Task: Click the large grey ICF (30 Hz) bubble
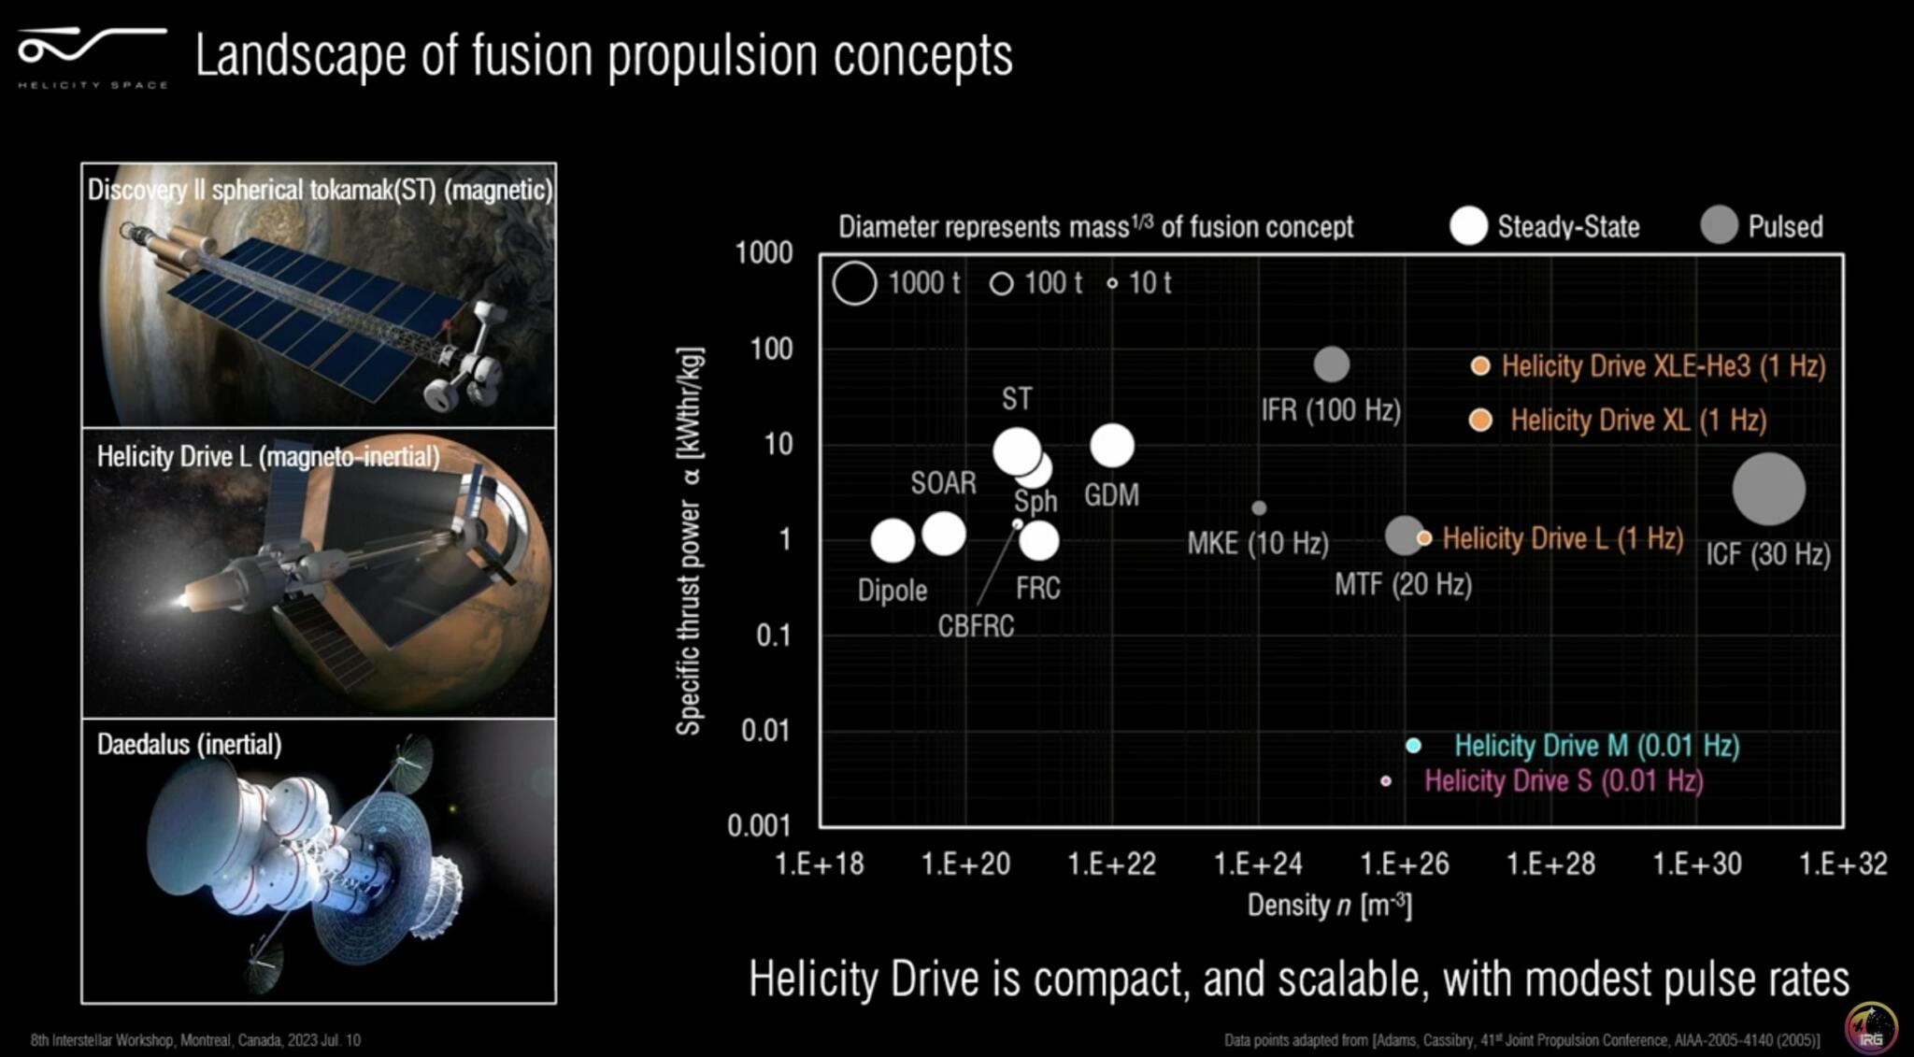(x=1768, y=489)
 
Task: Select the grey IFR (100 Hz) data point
(x=1332, y=364)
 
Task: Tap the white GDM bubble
(x=1112, y=445)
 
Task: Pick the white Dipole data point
(x=893, y=540)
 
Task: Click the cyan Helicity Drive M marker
(x=1413, y=745)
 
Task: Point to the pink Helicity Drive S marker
(x=1386, y=780)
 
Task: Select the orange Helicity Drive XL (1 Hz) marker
(x=1480, y=420)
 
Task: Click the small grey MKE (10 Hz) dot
(x=1259, y=507)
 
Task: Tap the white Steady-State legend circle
(x=1468, y=226)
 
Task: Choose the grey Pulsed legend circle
(x=1719, y=225)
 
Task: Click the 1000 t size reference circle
(x=854, y=282)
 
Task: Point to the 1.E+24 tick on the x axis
(x=1258, y=864)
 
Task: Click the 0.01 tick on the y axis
(x=766, y=730)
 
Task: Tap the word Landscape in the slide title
(x=300, y=55)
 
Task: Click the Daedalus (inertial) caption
(x=189, y=745)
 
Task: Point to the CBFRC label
(x=976, y=625)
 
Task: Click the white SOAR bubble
(x=944, y=533)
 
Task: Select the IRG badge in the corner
(x=1870, y=1027)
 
